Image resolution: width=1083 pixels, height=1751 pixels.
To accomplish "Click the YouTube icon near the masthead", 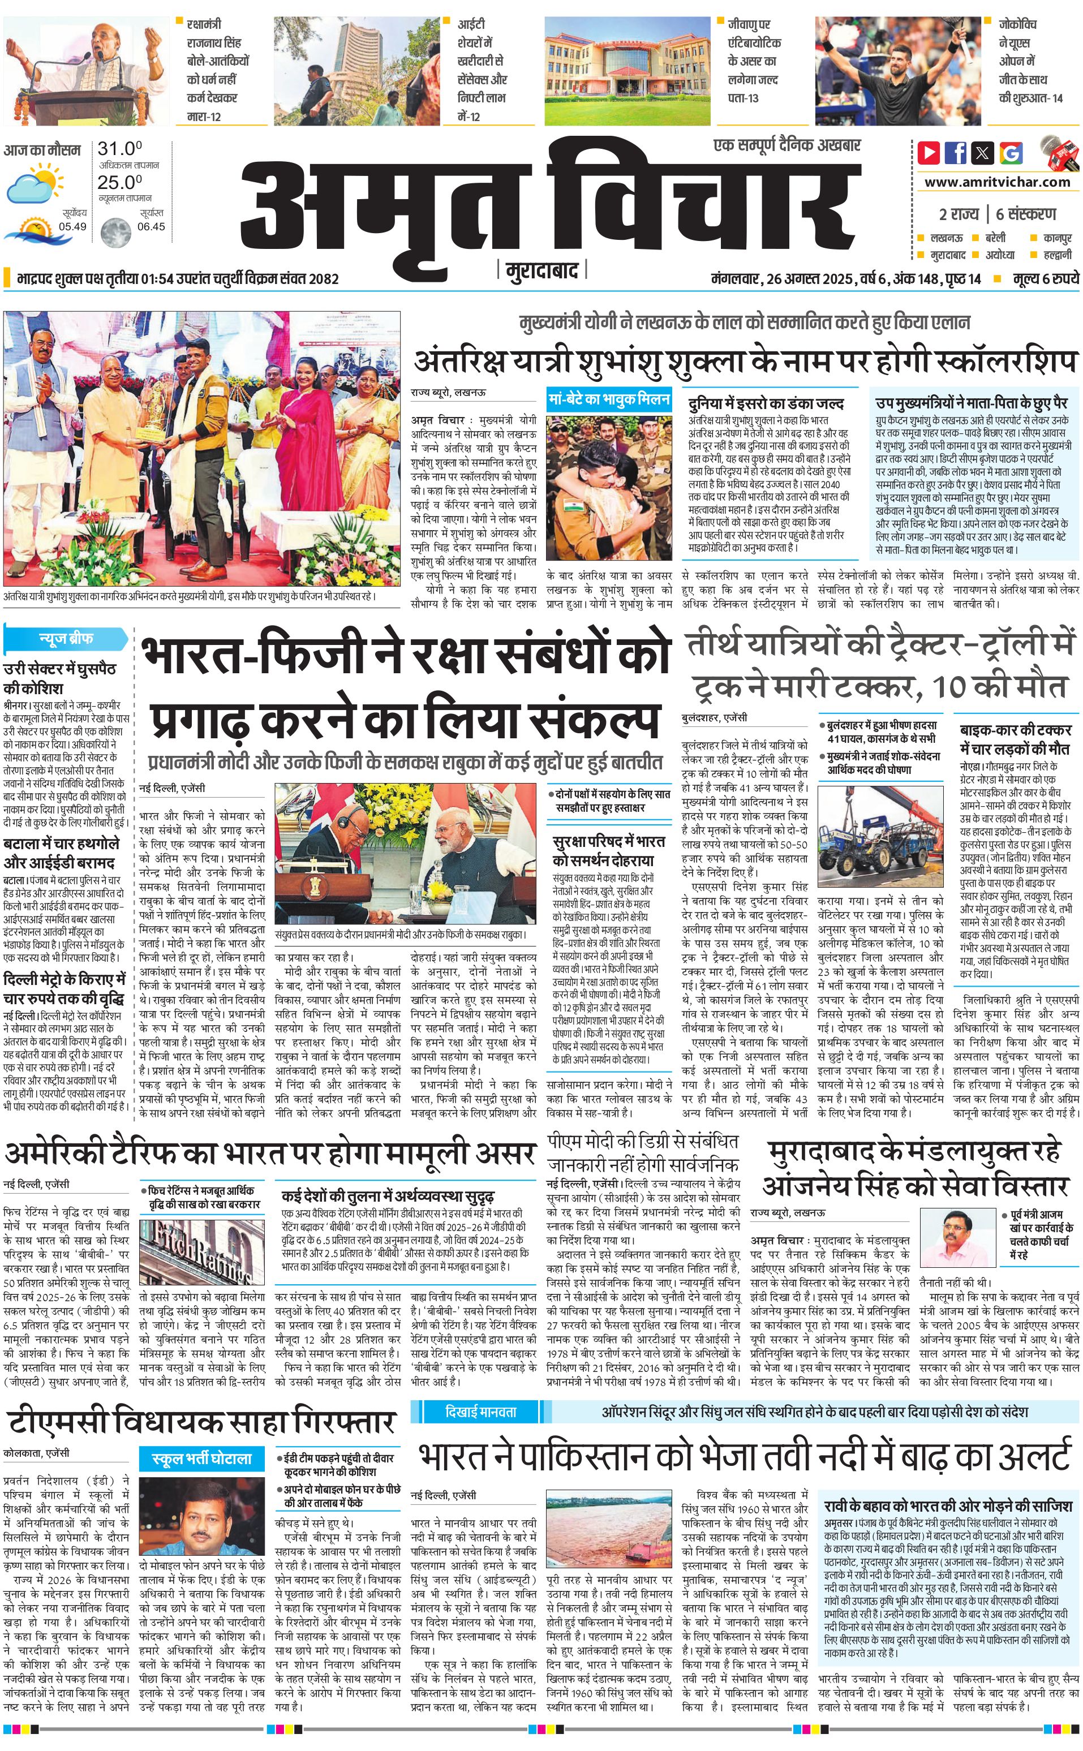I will click(x=929, y=153).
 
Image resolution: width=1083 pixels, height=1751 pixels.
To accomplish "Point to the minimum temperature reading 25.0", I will click(x=119, y=182).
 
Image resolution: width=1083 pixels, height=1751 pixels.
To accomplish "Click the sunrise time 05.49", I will click(x=72, y=226).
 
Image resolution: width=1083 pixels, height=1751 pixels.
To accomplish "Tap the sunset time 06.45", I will click(x=151, y=226).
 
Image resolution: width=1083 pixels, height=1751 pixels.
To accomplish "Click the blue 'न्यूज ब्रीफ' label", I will click(x=66, y=638).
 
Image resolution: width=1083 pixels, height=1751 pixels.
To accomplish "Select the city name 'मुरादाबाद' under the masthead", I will click(x=541, y=270).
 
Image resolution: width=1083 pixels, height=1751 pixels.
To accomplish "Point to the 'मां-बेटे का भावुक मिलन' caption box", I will click(x=609, y=399).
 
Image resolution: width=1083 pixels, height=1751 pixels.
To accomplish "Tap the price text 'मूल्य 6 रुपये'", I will click(x=1045, y=278).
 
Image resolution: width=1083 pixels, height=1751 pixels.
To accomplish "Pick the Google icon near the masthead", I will click(x=1011, y=153).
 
